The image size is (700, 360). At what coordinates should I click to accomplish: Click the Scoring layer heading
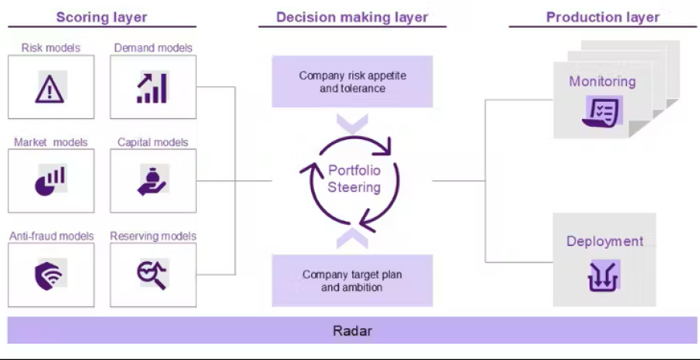[x=101, y=16]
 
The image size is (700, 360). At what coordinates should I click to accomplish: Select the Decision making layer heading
[x=352, y=16]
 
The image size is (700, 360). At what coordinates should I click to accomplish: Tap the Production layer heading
[x=602, y=16]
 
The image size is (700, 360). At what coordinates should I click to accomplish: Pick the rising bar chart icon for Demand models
[x=152, y=88]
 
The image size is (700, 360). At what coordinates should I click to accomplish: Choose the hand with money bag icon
[x=152, y=180]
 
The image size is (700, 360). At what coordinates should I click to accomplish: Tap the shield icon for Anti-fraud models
[x=51, y=274]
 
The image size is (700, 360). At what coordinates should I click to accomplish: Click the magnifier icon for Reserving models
[x=152, y=274]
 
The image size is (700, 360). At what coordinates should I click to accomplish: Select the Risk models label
[x=51, y=47]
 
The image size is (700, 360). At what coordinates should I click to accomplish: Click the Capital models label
[x=152, y=142]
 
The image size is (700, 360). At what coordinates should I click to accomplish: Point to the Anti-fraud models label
[x=51, y=236]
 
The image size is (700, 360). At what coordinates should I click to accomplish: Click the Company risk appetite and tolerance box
[x=352, y=82]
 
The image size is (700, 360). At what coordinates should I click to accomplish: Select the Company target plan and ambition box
[x=352, y=281]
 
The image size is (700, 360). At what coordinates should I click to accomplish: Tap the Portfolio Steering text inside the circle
[x=354, y=179]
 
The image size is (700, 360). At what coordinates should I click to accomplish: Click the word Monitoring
[x=602, y=82]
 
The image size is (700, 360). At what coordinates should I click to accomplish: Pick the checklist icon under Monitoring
[x=602, y=112]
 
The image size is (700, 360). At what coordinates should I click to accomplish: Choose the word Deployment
[x=604, y=241]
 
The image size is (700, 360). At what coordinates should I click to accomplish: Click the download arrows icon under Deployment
[x=604, y=277]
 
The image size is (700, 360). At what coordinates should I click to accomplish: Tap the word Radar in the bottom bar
[x=352, y=331]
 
